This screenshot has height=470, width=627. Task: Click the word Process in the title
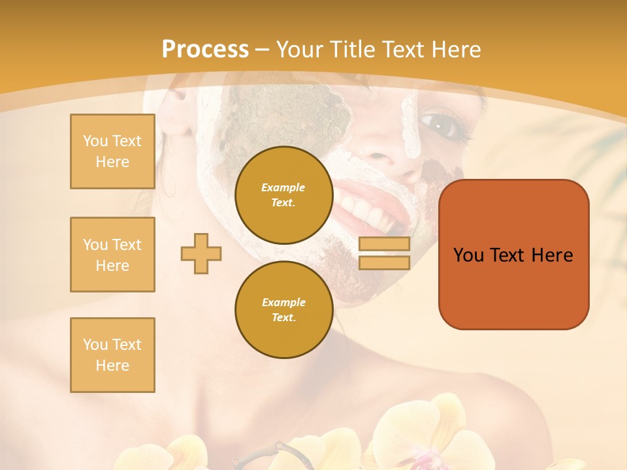[x=205, y=50]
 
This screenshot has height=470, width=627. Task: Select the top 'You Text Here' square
[x=112, y=151]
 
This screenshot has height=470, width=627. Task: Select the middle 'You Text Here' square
[x=112, y=255]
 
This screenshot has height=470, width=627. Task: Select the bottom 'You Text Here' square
[x=112, y=355]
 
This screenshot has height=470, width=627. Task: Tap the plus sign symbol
[x=201, y=253]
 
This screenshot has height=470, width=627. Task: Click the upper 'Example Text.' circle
[x=283, y=195]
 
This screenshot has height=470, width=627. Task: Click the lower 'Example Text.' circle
[x=283, y=309]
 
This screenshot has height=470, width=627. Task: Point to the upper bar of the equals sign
[x=384, y=244]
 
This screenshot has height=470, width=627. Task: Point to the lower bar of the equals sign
[x=384, y=262]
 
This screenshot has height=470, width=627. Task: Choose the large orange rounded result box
[x=513, y=255]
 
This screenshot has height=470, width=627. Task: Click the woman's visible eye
[x=436, y=122]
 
